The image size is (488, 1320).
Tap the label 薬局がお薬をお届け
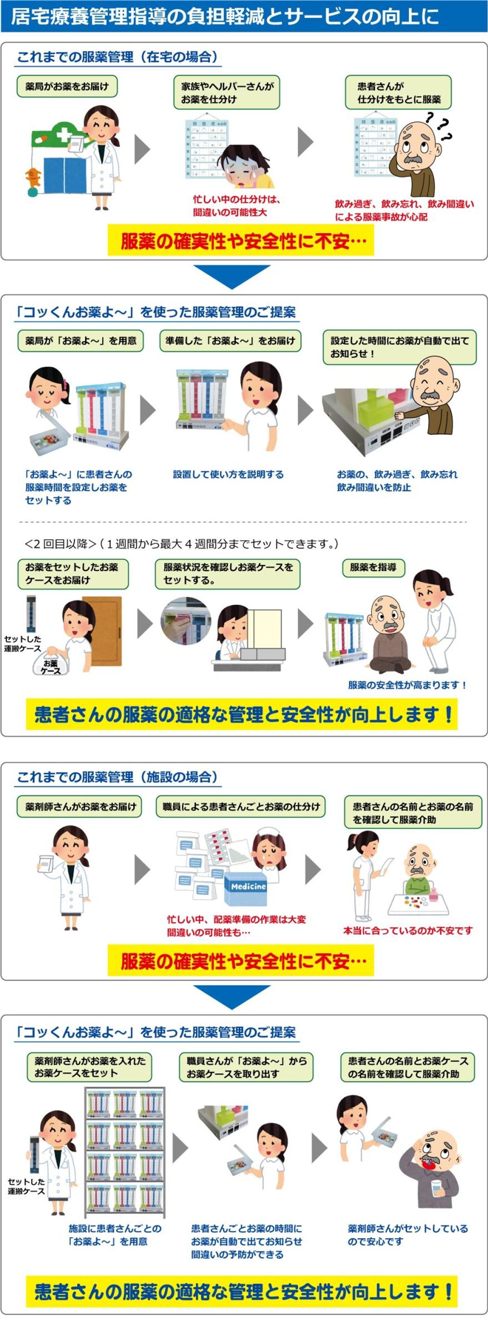pyautogui.click(x=67, y=86)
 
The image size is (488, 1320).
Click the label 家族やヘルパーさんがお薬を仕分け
pyautogui.click(x=227, y=92)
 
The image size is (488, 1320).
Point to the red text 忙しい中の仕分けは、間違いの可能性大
pyautogui.click(x=236, y=205)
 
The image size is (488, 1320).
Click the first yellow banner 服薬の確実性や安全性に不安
pyautogui.click(x=241, y=241)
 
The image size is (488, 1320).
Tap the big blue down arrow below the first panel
pyautogui.click(x=231, y=276)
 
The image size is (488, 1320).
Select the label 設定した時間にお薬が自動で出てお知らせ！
pyautogui.click(x=399, y=347)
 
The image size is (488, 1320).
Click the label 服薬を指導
pyautogui.click(x=373, y=567)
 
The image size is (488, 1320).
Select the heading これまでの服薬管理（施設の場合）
pyautogui.click(x=118, y=777)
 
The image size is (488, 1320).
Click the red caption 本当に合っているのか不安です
pyautogui.click(x=407, y=930)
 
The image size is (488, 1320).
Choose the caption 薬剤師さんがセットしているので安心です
pyautogui.click(x=407, y=1235)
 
